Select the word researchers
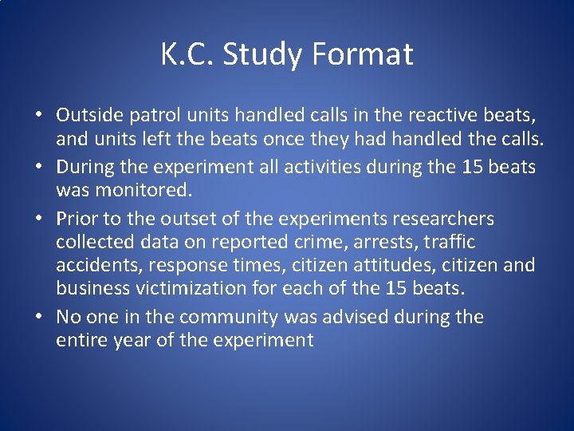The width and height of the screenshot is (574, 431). (x=439, y=219)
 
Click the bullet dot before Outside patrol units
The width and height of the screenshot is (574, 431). (x=39, y=117)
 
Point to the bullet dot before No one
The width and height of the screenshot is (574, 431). (x=39, y=318)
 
